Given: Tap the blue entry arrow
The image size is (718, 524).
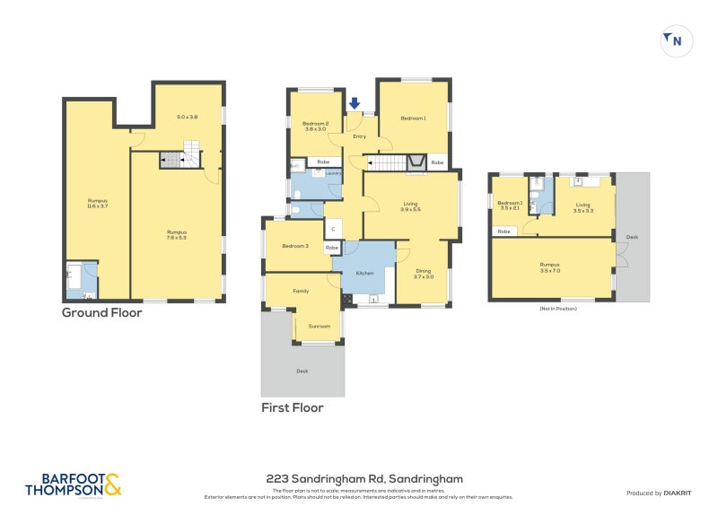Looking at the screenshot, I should tap(355, 104).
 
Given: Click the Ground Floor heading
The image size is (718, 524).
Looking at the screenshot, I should tap(101, 313).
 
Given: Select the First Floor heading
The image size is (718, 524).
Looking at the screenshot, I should tap(293, 407).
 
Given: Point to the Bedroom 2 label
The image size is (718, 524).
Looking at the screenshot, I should tap(315, 126).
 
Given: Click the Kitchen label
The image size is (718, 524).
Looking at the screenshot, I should tap(364, 272).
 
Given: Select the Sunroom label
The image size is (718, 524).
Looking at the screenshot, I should tap(319, 326).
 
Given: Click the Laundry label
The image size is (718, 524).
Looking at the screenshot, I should tap(331, 173).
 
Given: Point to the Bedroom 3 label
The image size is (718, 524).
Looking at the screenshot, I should tap(294, 246).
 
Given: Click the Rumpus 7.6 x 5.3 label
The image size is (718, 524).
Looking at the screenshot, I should tap(177, 235).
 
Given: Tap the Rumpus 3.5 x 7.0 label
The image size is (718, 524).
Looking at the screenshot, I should tap(549, 266).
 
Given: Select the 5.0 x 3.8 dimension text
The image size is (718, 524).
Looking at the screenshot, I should tap(187, 118).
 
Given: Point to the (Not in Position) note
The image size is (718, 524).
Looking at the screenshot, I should tap(557, 308).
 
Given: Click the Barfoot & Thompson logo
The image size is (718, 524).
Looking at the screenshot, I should tap(73, 485).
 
